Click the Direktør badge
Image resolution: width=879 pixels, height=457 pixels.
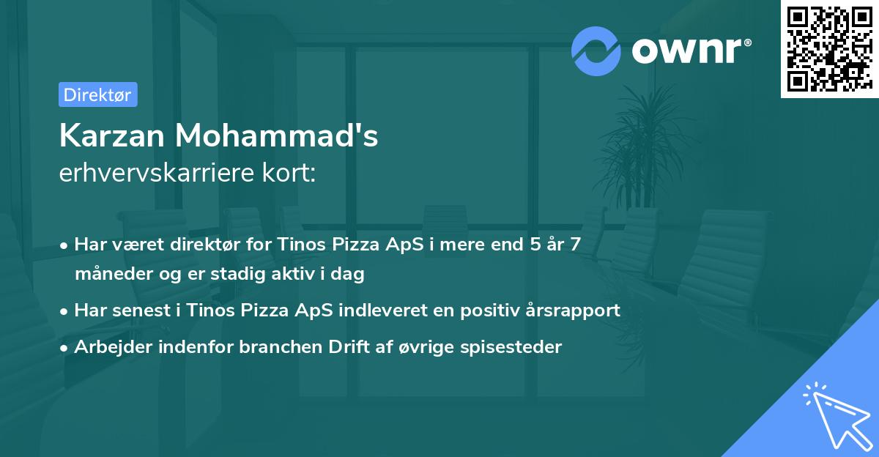click(x=97, y=94)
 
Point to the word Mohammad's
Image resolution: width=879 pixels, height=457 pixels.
click(x=276, y=135)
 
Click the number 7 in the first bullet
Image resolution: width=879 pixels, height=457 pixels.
click(x=576, y=245)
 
